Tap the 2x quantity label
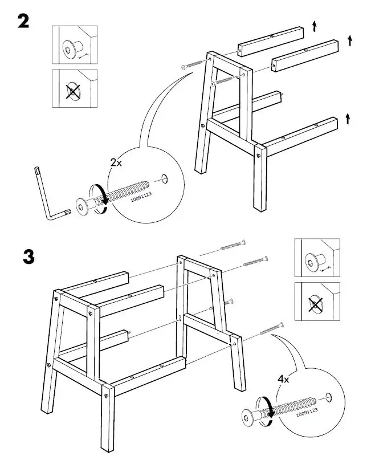point(116,162)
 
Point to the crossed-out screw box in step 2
point(74,89)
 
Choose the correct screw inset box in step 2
point(74,45)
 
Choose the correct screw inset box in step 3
point(317,259)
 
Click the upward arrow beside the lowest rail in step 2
point(348,119)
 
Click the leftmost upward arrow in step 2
point(314,26)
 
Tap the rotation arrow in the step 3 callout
point(265,410)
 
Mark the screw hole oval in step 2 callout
point(165,178)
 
